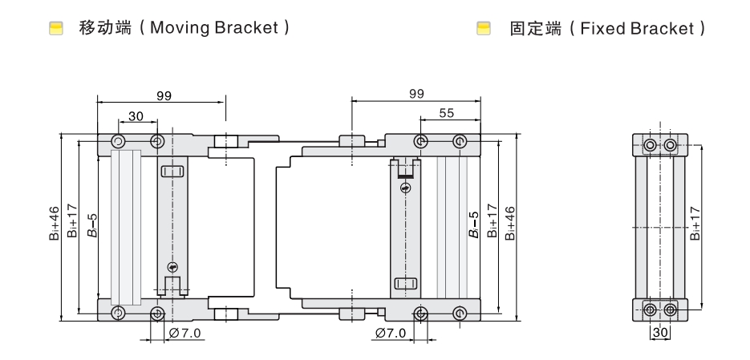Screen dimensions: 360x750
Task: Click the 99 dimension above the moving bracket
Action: [x=164, y=95]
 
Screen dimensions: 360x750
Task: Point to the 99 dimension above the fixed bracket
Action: [x=416, y=94]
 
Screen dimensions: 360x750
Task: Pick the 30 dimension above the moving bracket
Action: [x=136, y=116]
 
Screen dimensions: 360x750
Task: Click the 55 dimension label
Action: [x=447, y=114]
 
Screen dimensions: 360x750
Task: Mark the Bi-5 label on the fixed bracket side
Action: [x=472, y=225]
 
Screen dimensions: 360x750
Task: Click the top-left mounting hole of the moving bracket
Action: [x=119, y=142]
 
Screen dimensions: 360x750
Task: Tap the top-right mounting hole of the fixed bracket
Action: [x=459, y=142]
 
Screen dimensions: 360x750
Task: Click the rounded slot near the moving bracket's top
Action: [x=173, y=171]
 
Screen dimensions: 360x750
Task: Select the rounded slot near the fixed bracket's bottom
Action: [x=405, y=284]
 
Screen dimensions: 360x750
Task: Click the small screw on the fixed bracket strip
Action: [x=406, y=188]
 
